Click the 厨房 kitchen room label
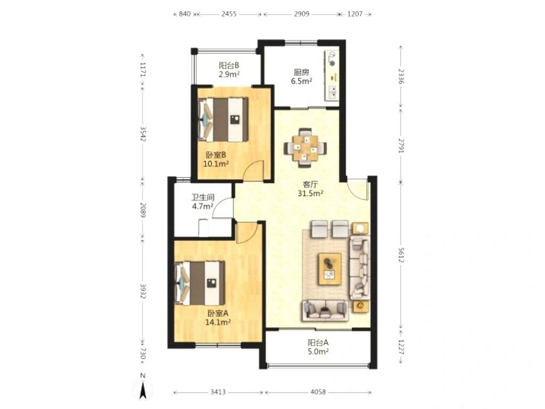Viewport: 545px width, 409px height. coord(302,73)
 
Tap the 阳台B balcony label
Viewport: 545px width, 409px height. coord(229,66)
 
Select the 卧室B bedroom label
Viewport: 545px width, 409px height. coord(216,155)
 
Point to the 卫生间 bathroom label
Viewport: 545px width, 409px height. coord(203,197)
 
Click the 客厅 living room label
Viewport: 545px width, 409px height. coord(310,185)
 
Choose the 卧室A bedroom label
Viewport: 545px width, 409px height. coord(218,313)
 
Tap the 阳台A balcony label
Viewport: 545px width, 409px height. coord(318,343)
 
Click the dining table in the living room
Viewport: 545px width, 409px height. coord(306,148)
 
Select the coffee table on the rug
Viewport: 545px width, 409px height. coord(330,269)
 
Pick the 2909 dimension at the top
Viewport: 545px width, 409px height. coord(302,14)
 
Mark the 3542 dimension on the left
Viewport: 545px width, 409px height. coord(143,135)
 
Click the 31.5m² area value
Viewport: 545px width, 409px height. coord(310,193)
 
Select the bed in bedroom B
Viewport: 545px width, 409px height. coord(223,120)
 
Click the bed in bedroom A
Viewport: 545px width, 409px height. coord(200,283)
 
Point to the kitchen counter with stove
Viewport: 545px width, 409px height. coord(332,76)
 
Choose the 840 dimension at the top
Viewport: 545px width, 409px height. coord(185,14)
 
